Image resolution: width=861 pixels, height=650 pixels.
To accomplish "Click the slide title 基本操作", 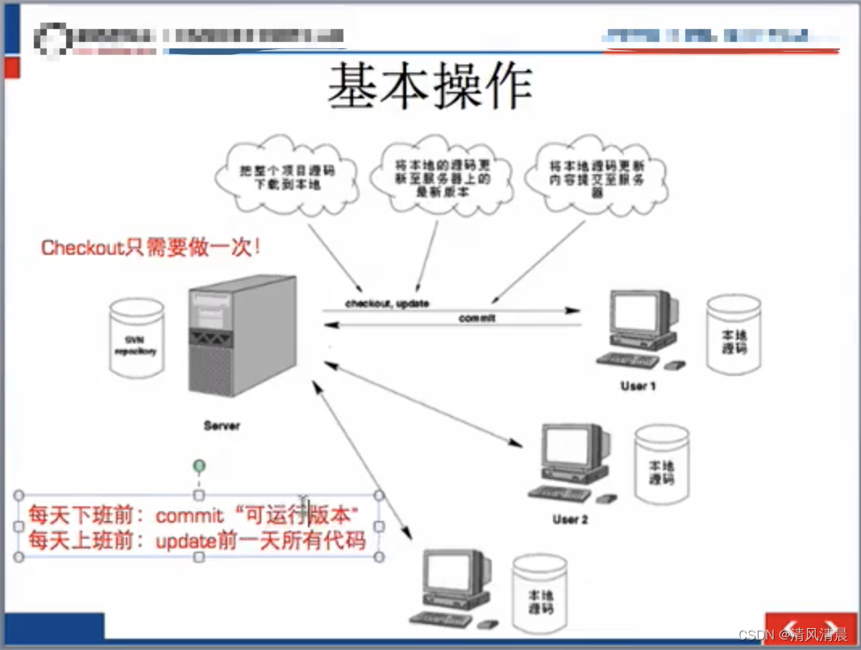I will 430,86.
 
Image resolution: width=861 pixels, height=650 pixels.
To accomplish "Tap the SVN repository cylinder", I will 138,338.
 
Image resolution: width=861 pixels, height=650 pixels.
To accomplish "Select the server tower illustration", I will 241,340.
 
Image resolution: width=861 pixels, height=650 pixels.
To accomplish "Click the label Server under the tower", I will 222,425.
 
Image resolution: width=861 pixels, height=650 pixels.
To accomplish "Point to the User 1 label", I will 638,385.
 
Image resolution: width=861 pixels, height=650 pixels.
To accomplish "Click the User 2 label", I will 570,519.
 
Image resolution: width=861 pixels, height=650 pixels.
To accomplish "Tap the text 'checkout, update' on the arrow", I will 387,303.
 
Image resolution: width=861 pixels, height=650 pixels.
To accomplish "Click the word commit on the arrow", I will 477,319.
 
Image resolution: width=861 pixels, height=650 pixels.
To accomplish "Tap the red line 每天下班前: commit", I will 193,514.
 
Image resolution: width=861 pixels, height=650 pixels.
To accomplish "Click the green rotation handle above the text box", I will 198,465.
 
